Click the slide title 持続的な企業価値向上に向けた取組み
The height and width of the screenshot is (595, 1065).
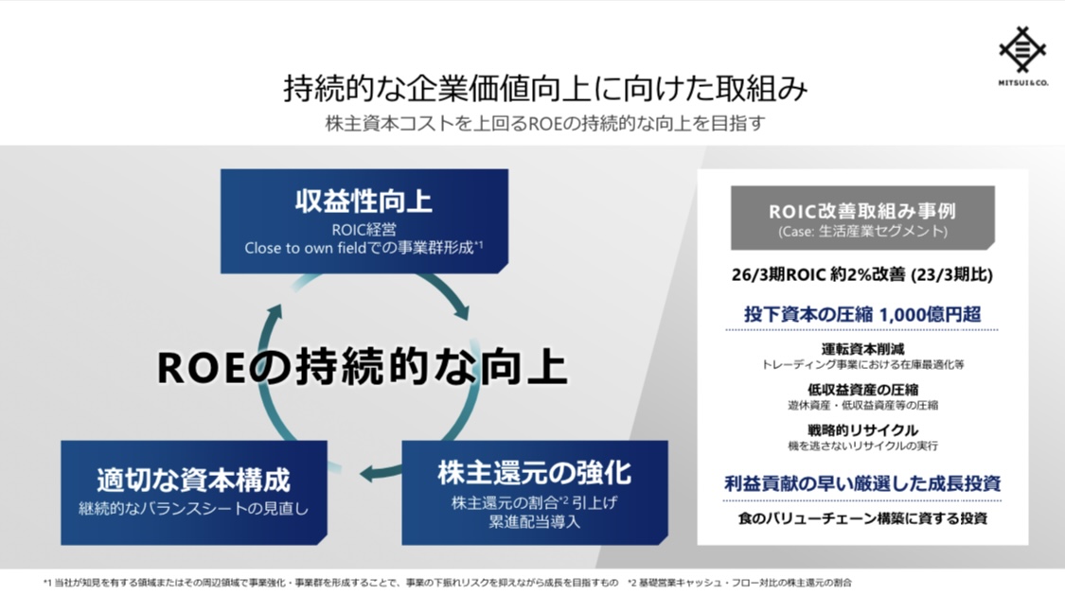545,88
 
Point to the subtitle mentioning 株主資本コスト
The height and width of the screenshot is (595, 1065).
545,124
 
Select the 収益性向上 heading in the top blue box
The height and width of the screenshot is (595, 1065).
364,201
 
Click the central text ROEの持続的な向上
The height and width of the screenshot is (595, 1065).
362,366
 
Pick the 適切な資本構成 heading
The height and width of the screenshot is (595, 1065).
193,480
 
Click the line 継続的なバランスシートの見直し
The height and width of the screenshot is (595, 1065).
193,508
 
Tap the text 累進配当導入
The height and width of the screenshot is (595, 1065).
535,522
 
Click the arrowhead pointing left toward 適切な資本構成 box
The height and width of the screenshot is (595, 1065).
368,472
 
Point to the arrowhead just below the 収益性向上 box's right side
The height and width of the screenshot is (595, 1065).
462,311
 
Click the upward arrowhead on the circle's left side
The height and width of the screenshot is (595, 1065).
275,313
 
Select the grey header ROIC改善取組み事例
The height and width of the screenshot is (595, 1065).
862,211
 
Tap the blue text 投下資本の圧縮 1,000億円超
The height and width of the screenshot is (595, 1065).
862,314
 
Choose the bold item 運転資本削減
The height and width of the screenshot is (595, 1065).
862,349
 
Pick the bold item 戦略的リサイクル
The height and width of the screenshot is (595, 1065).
862,430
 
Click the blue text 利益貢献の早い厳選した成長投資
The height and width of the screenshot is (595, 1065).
862,483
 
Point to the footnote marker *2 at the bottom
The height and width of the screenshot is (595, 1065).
631,582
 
